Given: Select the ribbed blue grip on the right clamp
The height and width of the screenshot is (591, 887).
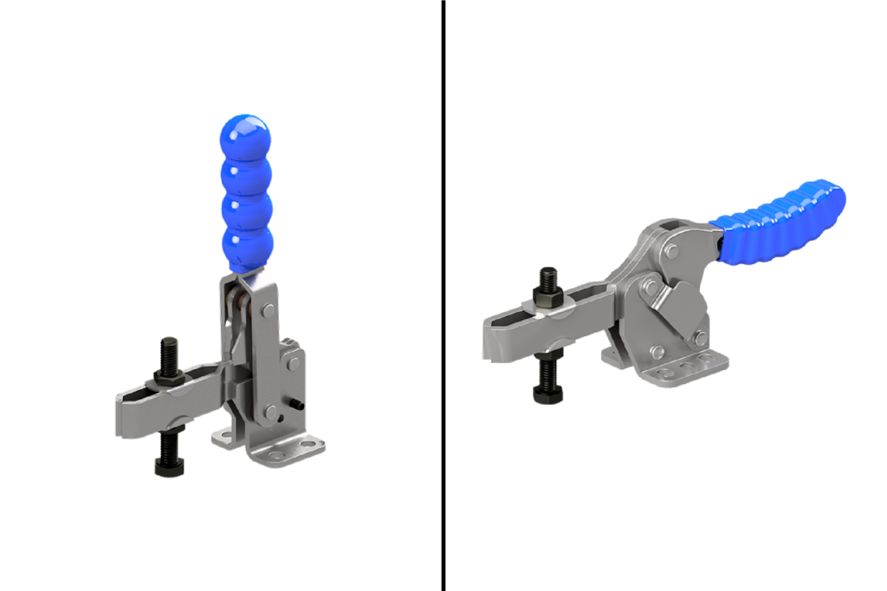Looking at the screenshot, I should (x=780, y=217).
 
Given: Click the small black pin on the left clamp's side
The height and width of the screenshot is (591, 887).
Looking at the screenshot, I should (x=299, y=405).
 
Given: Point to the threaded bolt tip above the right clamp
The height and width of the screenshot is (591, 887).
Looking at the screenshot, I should (x=547, y=276).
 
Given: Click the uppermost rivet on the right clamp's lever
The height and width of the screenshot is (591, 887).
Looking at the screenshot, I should (x=672, y=251).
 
